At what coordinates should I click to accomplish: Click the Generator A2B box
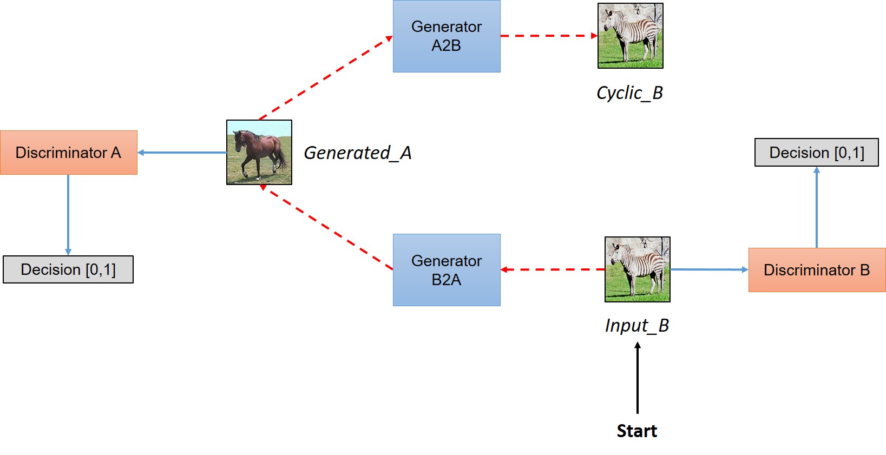tap(447, 36)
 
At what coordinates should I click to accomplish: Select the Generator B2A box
tap(447, 270)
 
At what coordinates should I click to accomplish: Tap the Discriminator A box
tap(68, 153)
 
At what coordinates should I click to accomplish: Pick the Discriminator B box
tap(817, 270)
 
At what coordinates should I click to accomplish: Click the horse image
tap(259, 153)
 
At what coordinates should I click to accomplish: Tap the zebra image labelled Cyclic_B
tap(630, 36)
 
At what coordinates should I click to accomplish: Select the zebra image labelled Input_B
tap(638, 269)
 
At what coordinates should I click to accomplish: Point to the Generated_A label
tap(358, 153)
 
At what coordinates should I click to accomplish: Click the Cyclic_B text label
tap(629, 93)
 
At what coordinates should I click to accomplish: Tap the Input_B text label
tap(637, 326)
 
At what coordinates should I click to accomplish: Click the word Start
tap(637, 431)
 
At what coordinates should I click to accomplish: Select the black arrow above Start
tap(638, 379)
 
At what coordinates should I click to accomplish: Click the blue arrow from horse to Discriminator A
tap(182, 153)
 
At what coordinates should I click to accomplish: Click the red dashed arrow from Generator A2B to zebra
tap(549, 36)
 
